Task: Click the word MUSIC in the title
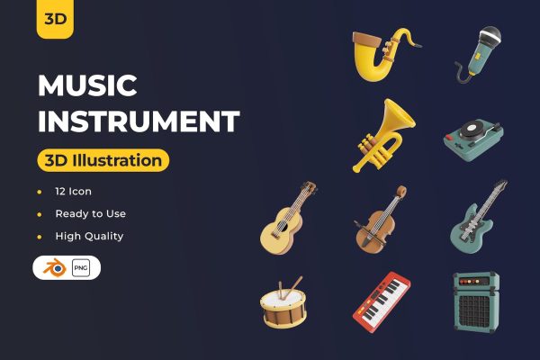click(x=87, y=86)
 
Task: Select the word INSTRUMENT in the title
click(x=139, y=121)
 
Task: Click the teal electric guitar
click(x=477, y=217)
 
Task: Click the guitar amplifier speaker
click(x=476, y=303)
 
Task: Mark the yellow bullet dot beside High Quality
click(x=39, y=237)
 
